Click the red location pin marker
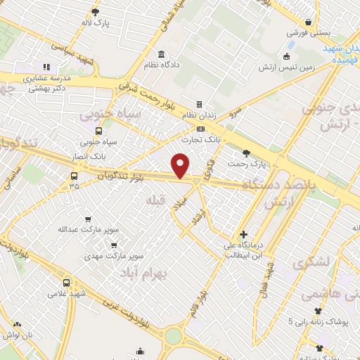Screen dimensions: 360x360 coord(181,165)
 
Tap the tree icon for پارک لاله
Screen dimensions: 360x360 coord(96,12)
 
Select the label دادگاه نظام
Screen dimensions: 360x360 coord(162,65)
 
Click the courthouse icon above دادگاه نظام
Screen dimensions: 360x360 coord(162,54)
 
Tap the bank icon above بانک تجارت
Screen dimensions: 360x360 coord(201,129)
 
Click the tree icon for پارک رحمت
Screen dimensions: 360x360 coord(245,153)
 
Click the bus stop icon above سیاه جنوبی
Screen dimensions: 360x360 coord(98,131)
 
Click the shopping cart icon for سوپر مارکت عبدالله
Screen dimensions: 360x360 coord(88,219)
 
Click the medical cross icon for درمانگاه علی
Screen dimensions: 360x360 coord(243,235)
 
